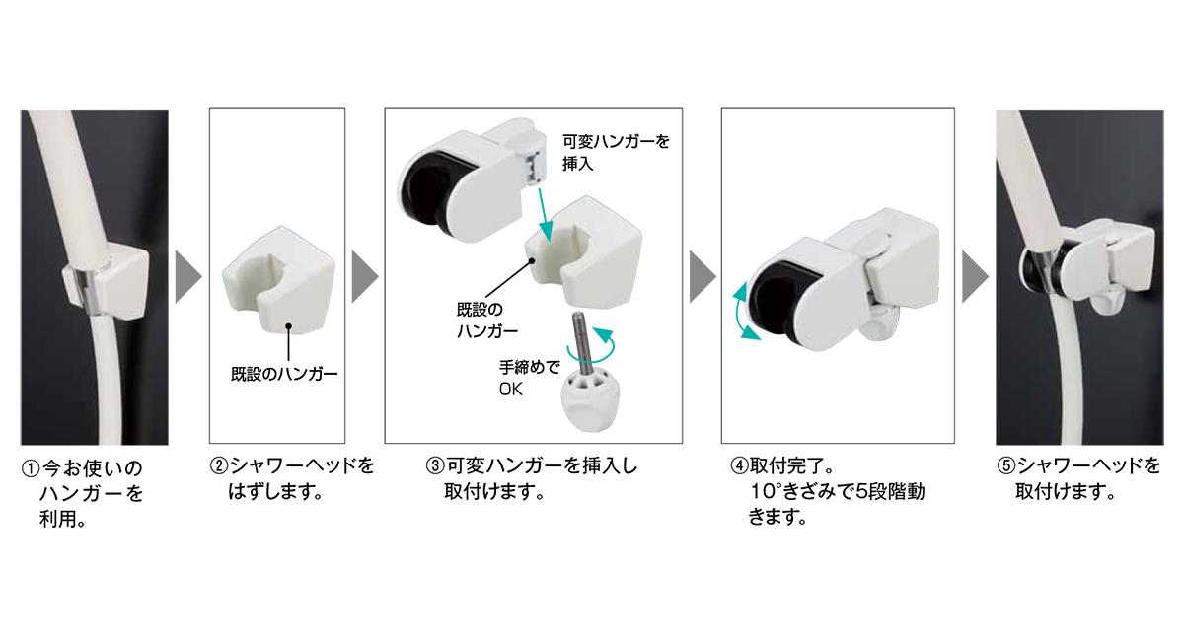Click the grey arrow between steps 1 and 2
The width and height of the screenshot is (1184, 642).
point(187,276)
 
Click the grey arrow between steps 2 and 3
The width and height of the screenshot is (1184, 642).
point(364,276)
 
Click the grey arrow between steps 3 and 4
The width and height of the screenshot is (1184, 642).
point(702,276)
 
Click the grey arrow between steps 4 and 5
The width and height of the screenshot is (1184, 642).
point(974,276)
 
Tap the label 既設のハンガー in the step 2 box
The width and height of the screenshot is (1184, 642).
point(284,374)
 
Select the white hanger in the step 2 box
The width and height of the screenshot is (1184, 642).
point(278,280)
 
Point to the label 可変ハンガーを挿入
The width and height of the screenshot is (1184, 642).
point(616,152)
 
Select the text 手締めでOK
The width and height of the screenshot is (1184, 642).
point(529,378)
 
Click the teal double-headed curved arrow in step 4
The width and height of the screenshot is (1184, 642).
point(744,312)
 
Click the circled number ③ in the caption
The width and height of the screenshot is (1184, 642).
point(435,466)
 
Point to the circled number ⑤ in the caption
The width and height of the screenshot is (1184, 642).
point(1006,466)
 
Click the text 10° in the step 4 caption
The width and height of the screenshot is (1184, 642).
point(766,492)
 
